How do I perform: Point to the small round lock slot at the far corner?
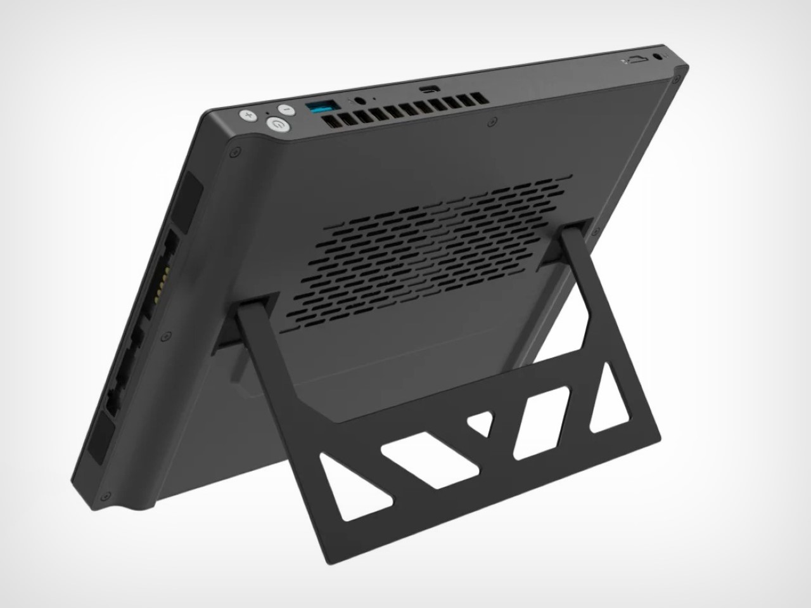pyautogui.click(x=663, y=56)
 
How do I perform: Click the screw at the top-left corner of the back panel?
pyautogui.click(x=236, y=152)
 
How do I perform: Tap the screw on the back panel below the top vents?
pyautogui.click(x=491, y=117)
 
